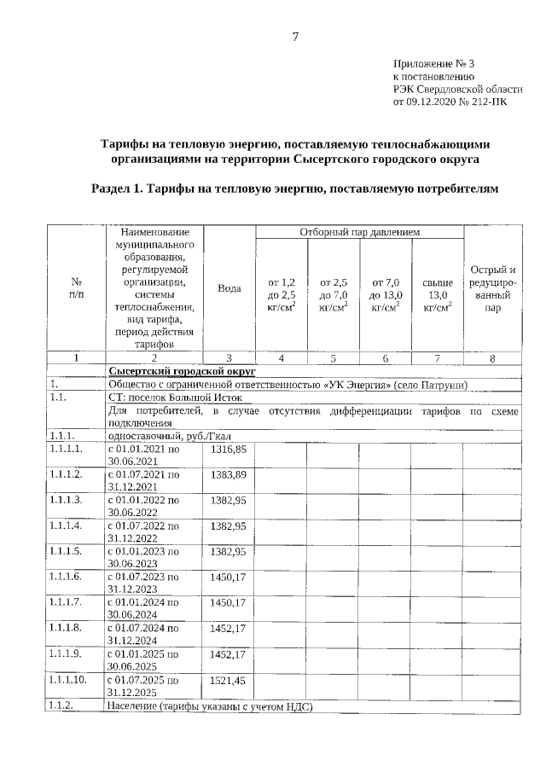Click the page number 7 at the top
tap(296, 36)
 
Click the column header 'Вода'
tap(229, 288)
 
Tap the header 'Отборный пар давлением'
tap(358, 232)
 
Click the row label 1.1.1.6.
tap(67, 578)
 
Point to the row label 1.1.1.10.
tap(69, 681)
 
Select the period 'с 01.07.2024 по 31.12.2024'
tap(143, 635)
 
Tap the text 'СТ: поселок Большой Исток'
tap(176, 398)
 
